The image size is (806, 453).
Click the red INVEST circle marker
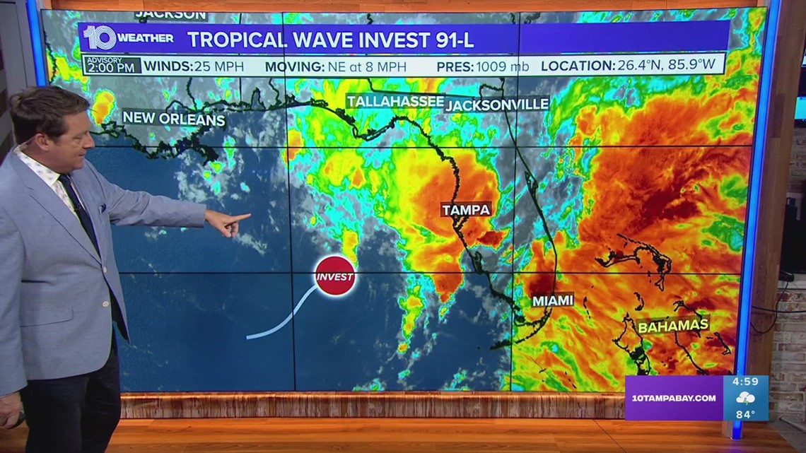click(x=334, y=276)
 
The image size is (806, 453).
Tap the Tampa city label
click(x=466, y=209)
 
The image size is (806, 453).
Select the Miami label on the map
click(x=553, y=300)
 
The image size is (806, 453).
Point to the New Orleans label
click(x=174, y=118)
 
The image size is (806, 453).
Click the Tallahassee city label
click(x=395, y=102)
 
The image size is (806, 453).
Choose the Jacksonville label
click(x=497, y=104)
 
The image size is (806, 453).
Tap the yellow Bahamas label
click(x=672, y=326)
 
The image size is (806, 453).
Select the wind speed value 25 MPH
click(x=218, y=66)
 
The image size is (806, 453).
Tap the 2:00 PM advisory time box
click(x=112, y=65)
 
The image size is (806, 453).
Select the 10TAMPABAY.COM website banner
click(x=672, y=398)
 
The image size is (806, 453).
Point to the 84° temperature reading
click(x=745, y=414)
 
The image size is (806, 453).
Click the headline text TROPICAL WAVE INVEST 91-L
click(x=330, y=40)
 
